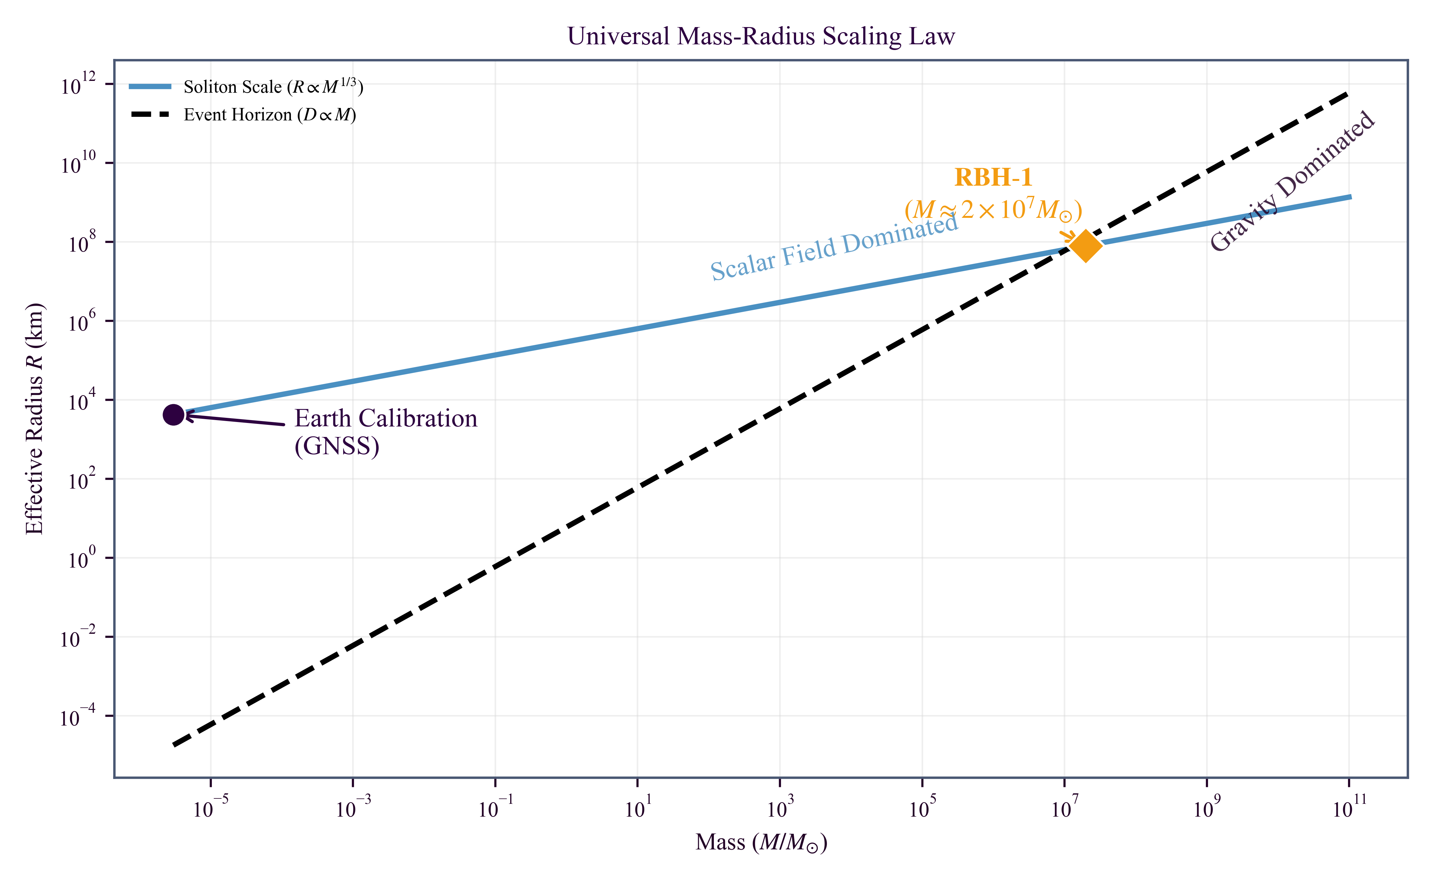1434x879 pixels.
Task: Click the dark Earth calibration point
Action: pos(173,415)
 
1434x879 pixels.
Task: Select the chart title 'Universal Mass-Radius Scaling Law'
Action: pos(761,36)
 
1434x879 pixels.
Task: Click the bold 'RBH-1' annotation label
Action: pos(993,177)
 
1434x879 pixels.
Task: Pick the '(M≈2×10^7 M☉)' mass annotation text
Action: pos(993,210)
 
